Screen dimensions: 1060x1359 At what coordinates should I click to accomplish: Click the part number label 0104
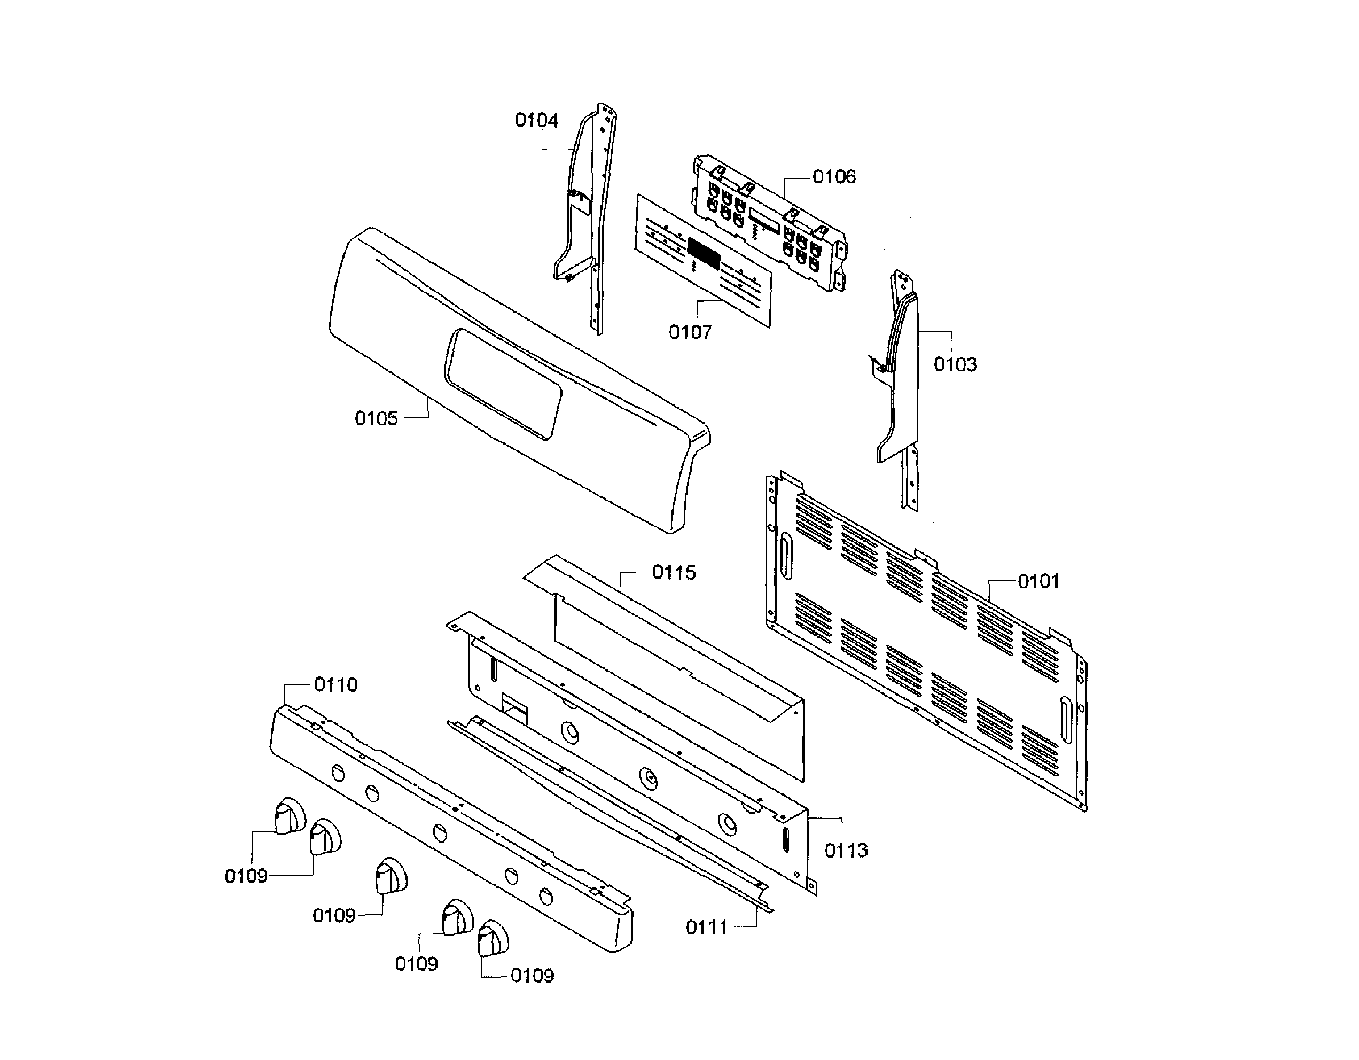pyautogui.click(x=536, y=120)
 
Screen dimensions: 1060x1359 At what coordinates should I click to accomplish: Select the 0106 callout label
pyautogui.click(x=833, y=177)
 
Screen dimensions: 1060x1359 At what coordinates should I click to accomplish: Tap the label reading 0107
pyautogui.click(x=690, y=332)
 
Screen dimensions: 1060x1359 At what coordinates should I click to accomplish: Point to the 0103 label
pyautogui.click(x=955, y=365)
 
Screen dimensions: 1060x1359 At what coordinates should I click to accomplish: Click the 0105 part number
pyautogui.click(x=376, y=418)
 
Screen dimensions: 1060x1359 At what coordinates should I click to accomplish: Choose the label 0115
pyautogui.click(x=674, y=573)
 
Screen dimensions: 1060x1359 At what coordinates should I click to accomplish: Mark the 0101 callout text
pyautogui.click(x=1038, y=581)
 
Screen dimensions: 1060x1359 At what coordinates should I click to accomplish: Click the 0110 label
pyautogui.click(x=335, y=685)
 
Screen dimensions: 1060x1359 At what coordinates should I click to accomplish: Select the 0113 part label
pyautogui.click(x=846, y=850)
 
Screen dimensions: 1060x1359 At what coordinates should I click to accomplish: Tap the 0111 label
pyautogui.click(x=706, y=927)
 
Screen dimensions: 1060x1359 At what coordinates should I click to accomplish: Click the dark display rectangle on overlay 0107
pyautogui.click(x=704, y=253)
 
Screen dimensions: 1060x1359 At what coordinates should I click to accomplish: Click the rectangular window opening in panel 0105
pyautogui.click(x=502, y=384)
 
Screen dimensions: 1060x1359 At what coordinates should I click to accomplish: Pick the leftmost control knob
pyautogui.click(x=290, y=815)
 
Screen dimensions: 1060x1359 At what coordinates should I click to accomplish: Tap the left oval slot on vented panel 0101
pyautogui.click(x=786, y=556)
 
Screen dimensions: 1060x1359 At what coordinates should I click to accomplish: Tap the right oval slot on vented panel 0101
pyautogui.click(x=1066, y=720)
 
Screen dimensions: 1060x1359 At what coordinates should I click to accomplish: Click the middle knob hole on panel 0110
pyautogui.click(x=439, y=833)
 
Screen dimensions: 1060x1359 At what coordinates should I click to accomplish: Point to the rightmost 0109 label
pyautogui.click(x=532, y=976)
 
